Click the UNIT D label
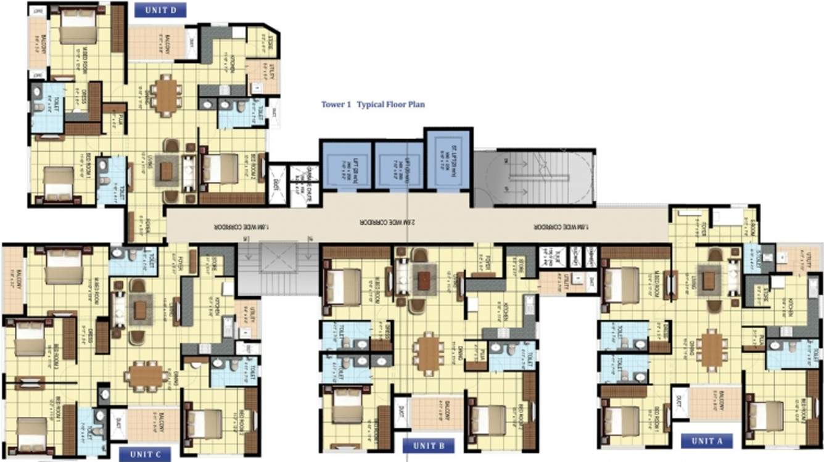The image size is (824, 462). pyautogui.click(x=160, y=10)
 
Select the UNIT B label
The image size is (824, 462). pyautogui.click(x=429, y=445)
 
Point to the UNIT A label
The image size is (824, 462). pyautogui.click(x=707, y=440)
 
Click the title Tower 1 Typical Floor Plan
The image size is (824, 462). pyautogui.click(x=373, y=104)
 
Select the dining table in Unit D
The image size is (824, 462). pyautogui.click(x=166, y=94)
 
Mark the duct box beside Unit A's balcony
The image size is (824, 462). pyautogui.click(x=680, y=402)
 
